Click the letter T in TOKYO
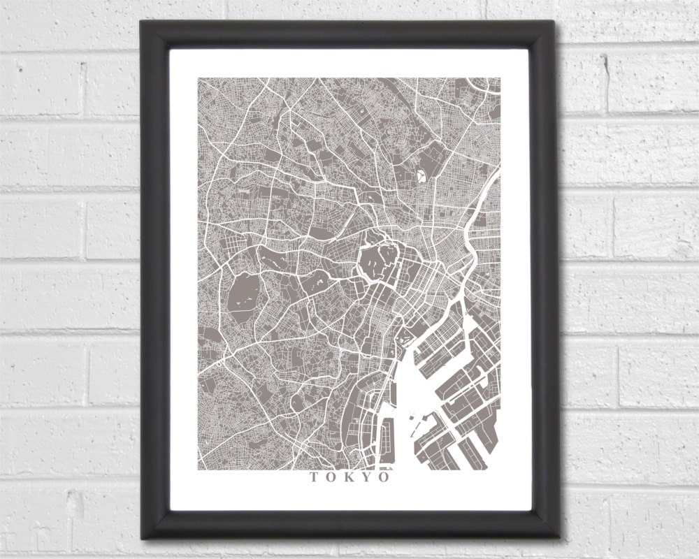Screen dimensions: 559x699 coord(312,478)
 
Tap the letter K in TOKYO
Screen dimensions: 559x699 coord(348,478)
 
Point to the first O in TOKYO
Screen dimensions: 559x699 coord(330,478)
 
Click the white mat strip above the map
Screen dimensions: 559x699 coord(349,63)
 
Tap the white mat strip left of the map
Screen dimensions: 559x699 coord(184,279)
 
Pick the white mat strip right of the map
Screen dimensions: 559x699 coord(515,279)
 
